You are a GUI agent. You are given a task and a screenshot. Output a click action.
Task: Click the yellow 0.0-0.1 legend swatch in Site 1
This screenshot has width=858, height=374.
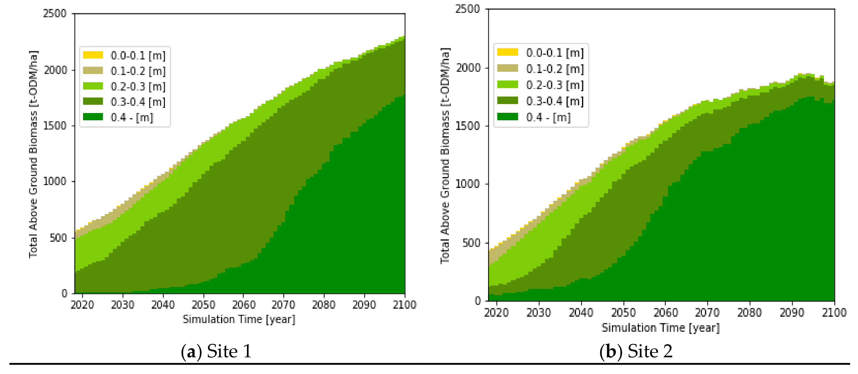coord(93,55)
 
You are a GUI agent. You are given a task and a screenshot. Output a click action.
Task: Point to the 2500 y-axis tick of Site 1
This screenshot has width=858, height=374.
coord(55,14)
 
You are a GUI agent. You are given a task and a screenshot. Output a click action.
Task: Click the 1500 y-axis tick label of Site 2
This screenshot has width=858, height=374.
coord(468,126)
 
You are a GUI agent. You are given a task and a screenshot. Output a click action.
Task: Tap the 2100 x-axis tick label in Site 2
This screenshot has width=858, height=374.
coord(834,313)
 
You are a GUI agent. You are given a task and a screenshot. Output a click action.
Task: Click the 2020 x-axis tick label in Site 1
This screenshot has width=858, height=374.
coord(82,305)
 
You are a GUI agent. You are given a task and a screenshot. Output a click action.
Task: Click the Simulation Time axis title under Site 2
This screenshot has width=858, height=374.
coord(660,328)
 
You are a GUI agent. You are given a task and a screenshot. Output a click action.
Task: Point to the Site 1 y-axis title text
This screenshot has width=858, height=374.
coord(33,154)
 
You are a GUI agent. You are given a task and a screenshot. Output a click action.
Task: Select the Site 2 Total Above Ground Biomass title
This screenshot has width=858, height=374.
coord(445,155)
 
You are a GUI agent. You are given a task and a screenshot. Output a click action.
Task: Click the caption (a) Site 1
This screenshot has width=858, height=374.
coord(216,352)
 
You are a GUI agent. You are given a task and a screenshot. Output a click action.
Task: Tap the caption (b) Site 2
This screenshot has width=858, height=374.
coord(636,352)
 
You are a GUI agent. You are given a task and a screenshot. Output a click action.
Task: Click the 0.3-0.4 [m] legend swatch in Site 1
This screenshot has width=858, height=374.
coord(93,101)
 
